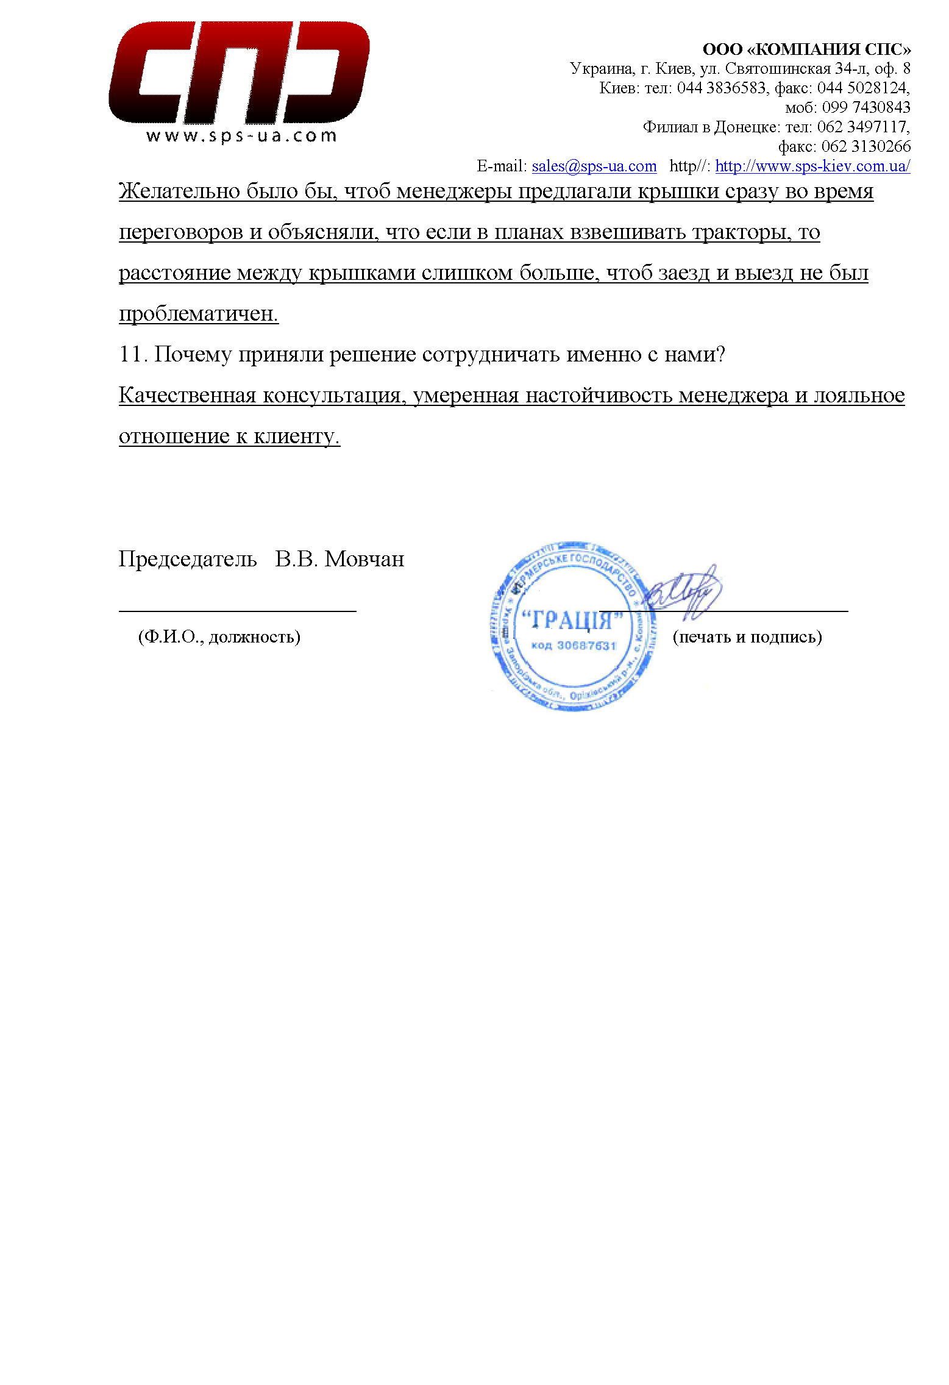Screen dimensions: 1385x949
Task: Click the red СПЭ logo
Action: point(239,73)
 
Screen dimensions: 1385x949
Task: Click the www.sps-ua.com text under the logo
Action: point(241,135)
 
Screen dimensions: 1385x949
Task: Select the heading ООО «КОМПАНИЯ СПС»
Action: point(806,49)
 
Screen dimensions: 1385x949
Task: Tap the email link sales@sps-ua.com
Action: point(594,166)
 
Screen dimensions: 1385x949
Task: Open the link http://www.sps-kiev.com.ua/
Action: point(812,166)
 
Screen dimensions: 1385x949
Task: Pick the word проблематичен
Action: point(198,314)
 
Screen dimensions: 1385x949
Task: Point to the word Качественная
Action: point(187,396)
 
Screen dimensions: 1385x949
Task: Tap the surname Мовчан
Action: point(364,559)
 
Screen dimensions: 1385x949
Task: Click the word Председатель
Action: point(187,559)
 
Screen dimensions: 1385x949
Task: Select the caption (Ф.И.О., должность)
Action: point(219,637)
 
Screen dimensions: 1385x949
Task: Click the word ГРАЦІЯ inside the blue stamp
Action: point(572,621)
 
